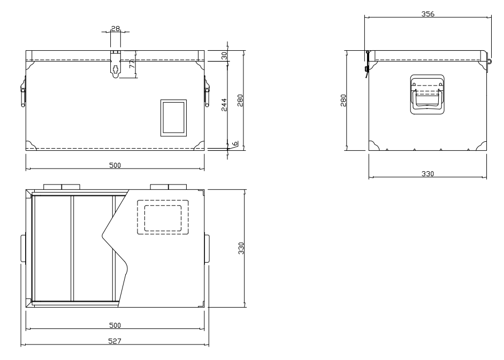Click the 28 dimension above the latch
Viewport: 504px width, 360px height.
pyautogui.click(x=116, y=28)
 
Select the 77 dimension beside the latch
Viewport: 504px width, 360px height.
pyautogui.click(x=132, y=64)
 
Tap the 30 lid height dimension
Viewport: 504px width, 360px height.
pyautogui.click(x=224, y=56)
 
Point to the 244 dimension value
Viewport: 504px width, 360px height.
pyautogui.click(x=224, y=105)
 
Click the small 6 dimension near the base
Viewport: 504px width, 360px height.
pyautogui.click(x=235, y=143)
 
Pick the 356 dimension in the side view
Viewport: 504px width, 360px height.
pyautogui.click(x=428, y=14)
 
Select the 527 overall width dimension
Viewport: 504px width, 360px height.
pyautogui.click(x=114, y=341)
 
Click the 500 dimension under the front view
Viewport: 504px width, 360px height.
pyautogui.click(x=114, y=165)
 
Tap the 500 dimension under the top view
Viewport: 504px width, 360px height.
pyautogui.click(x=114, y=325)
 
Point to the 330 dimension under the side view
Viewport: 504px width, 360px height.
pyautogui.click(x=427, y=173)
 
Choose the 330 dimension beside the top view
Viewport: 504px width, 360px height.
pyautogui.click(x=241, y=248)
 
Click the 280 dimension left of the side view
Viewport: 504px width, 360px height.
pyautogui.click(x=343, y=100)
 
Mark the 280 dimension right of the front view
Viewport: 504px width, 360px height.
pyautogui.click(x=240, y=100)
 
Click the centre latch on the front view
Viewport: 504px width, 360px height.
pyautogui.click(x=116, y=64)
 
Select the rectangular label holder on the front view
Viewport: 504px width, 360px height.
pyautogui.click(x=173, y=118)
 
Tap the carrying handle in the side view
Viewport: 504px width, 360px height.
pyautogui.click(x=427, y=95)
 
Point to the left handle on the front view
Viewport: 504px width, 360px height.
pyautogui.click(x=23, y=91)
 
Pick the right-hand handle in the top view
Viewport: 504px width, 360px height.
pyautogui.click(x=207, y=248)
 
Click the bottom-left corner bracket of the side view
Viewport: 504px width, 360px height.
pyautogui.click(x=374, y=145)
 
